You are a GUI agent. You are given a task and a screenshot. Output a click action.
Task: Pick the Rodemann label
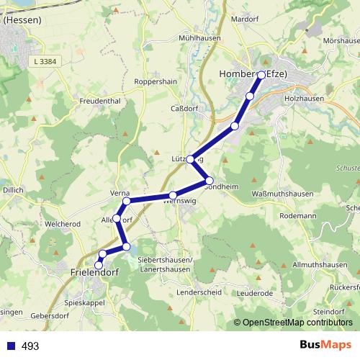298,215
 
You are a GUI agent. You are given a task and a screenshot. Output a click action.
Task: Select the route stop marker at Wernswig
173,195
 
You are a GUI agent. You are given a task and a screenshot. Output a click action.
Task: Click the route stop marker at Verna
126,201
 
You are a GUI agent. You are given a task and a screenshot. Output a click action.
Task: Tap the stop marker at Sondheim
210,180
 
